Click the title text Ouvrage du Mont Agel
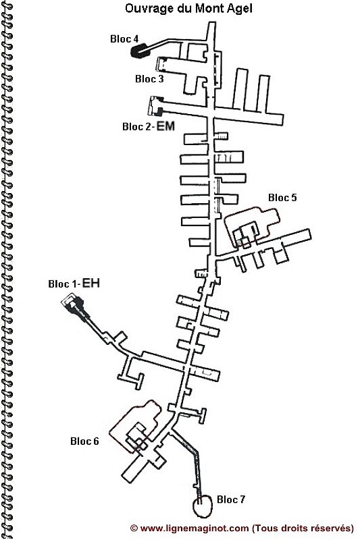pos(188,8)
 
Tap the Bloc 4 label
pos(124,39)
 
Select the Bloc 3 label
pos(149,79)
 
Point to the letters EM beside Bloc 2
pos(165,126)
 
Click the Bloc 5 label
pos(282,198)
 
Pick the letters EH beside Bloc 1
pos(92,283)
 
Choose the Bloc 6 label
pos(84,441)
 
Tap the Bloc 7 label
pos(231,500)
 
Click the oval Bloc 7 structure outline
pos(193,506)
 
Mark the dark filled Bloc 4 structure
pos(138,50)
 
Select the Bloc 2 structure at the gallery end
pos(156,106)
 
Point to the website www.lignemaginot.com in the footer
pos(195,528)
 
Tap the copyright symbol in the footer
pos(134,528)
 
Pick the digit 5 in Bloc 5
pos(294,198)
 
